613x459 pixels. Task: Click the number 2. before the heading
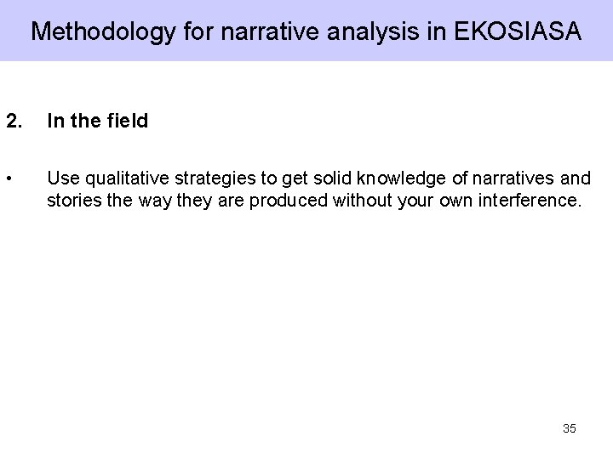coord(14,122)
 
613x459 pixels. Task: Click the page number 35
coord(570,428)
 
